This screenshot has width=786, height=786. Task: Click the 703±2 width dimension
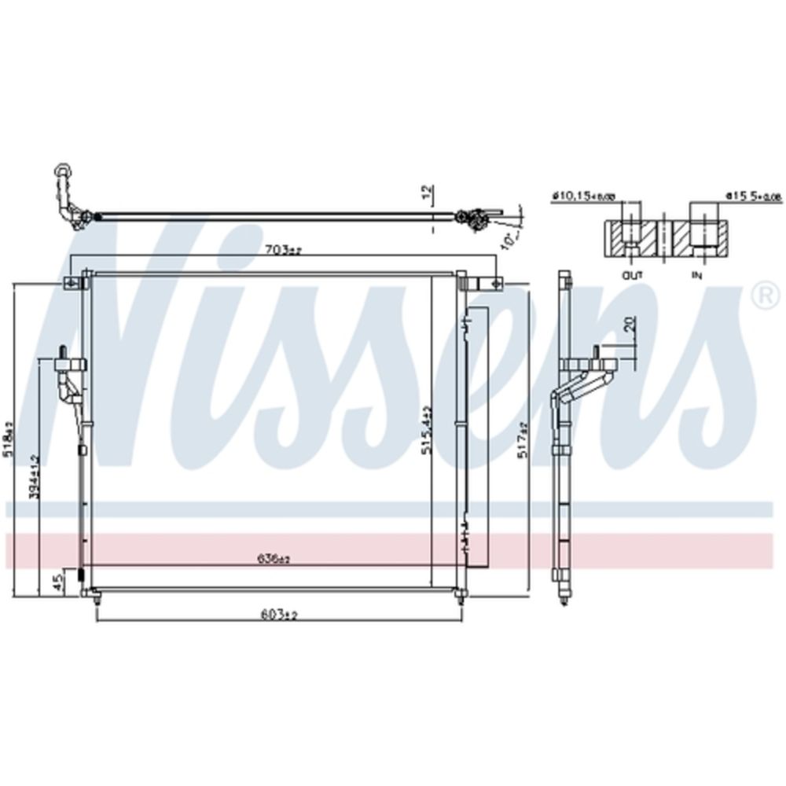283,251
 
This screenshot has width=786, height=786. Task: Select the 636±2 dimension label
274,560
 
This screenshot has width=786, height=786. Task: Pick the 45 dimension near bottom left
57,582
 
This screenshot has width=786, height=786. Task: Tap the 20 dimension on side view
630,325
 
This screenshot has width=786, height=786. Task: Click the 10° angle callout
509,237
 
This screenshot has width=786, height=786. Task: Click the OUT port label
632,275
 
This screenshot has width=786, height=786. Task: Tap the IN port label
696,275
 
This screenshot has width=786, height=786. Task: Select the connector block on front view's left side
70,365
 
